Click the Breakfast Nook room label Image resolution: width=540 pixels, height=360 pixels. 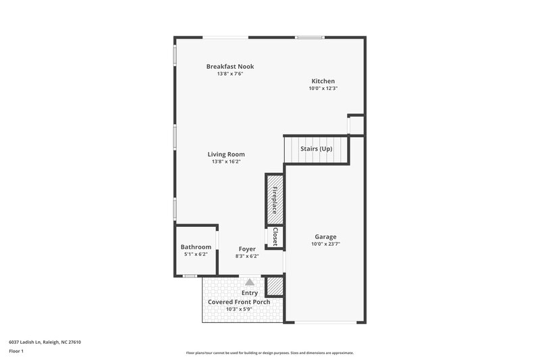click(x=230, y=66)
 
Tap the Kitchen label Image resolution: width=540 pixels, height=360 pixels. click(x=323, y=81)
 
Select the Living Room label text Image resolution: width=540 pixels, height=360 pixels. click(x=226, y=154)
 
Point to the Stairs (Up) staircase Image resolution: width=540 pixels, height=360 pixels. click(x=316, y=149)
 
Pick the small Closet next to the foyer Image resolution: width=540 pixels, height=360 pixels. click(x=275, y=236)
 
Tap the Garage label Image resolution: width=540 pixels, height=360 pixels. click(x=325, y=236)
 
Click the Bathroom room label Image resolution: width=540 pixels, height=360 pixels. click(x=195, y=247)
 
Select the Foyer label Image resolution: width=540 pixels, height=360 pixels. click(x=246, y=249)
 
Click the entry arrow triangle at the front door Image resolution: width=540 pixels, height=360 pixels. click(x=250, y=282)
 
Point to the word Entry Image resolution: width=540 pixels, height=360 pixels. click(x=250, y=292)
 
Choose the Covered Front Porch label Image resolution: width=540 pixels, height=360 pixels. click(x=239, y=301)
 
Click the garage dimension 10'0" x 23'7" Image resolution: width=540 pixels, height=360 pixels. click(x=325, y=245)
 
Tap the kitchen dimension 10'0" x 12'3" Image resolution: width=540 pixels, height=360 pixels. click(x=323, y=88)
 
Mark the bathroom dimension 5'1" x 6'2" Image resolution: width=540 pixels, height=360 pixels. click(x=195, y=255)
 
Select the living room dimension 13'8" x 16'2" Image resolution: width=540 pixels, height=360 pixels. click(x=226, y=161)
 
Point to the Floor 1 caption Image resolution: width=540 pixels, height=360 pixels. click(x=16, y=351)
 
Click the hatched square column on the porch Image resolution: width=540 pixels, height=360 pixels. click(x=274, y=286)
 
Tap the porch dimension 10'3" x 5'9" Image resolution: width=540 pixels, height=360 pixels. click(x=239, y=309)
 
